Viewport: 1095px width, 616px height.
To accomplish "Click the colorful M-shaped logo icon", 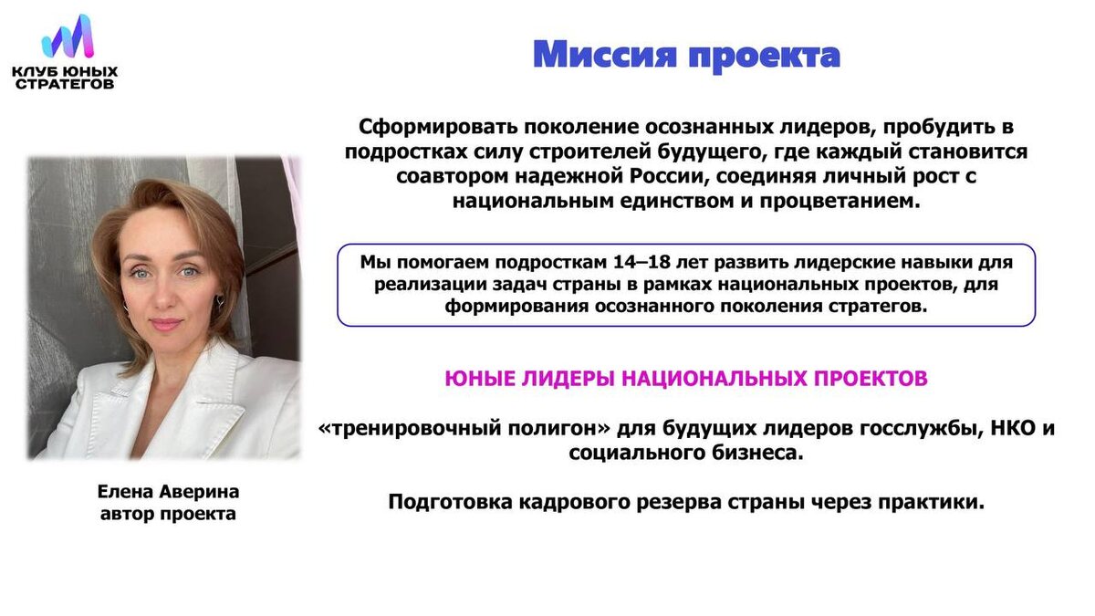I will [x=68, y=37].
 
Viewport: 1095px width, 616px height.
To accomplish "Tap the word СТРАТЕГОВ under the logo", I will [x=65, y=84].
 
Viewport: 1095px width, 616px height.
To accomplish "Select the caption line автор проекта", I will [x=168, y=514].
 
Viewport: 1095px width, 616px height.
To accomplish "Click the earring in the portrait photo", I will [x=219, y=302].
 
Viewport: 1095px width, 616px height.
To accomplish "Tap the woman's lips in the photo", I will [x=165, y=323].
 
